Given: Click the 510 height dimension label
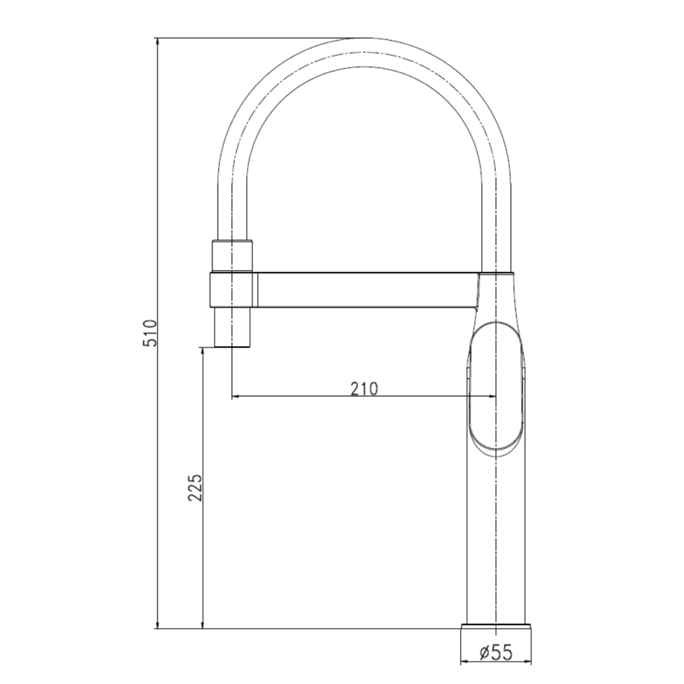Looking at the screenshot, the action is (150, 333).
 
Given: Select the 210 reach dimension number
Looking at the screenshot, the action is (364, 388).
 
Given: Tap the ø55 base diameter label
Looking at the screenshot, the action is (496, 653).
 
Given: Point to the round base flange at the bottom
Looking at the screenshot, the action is (496, 627).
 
